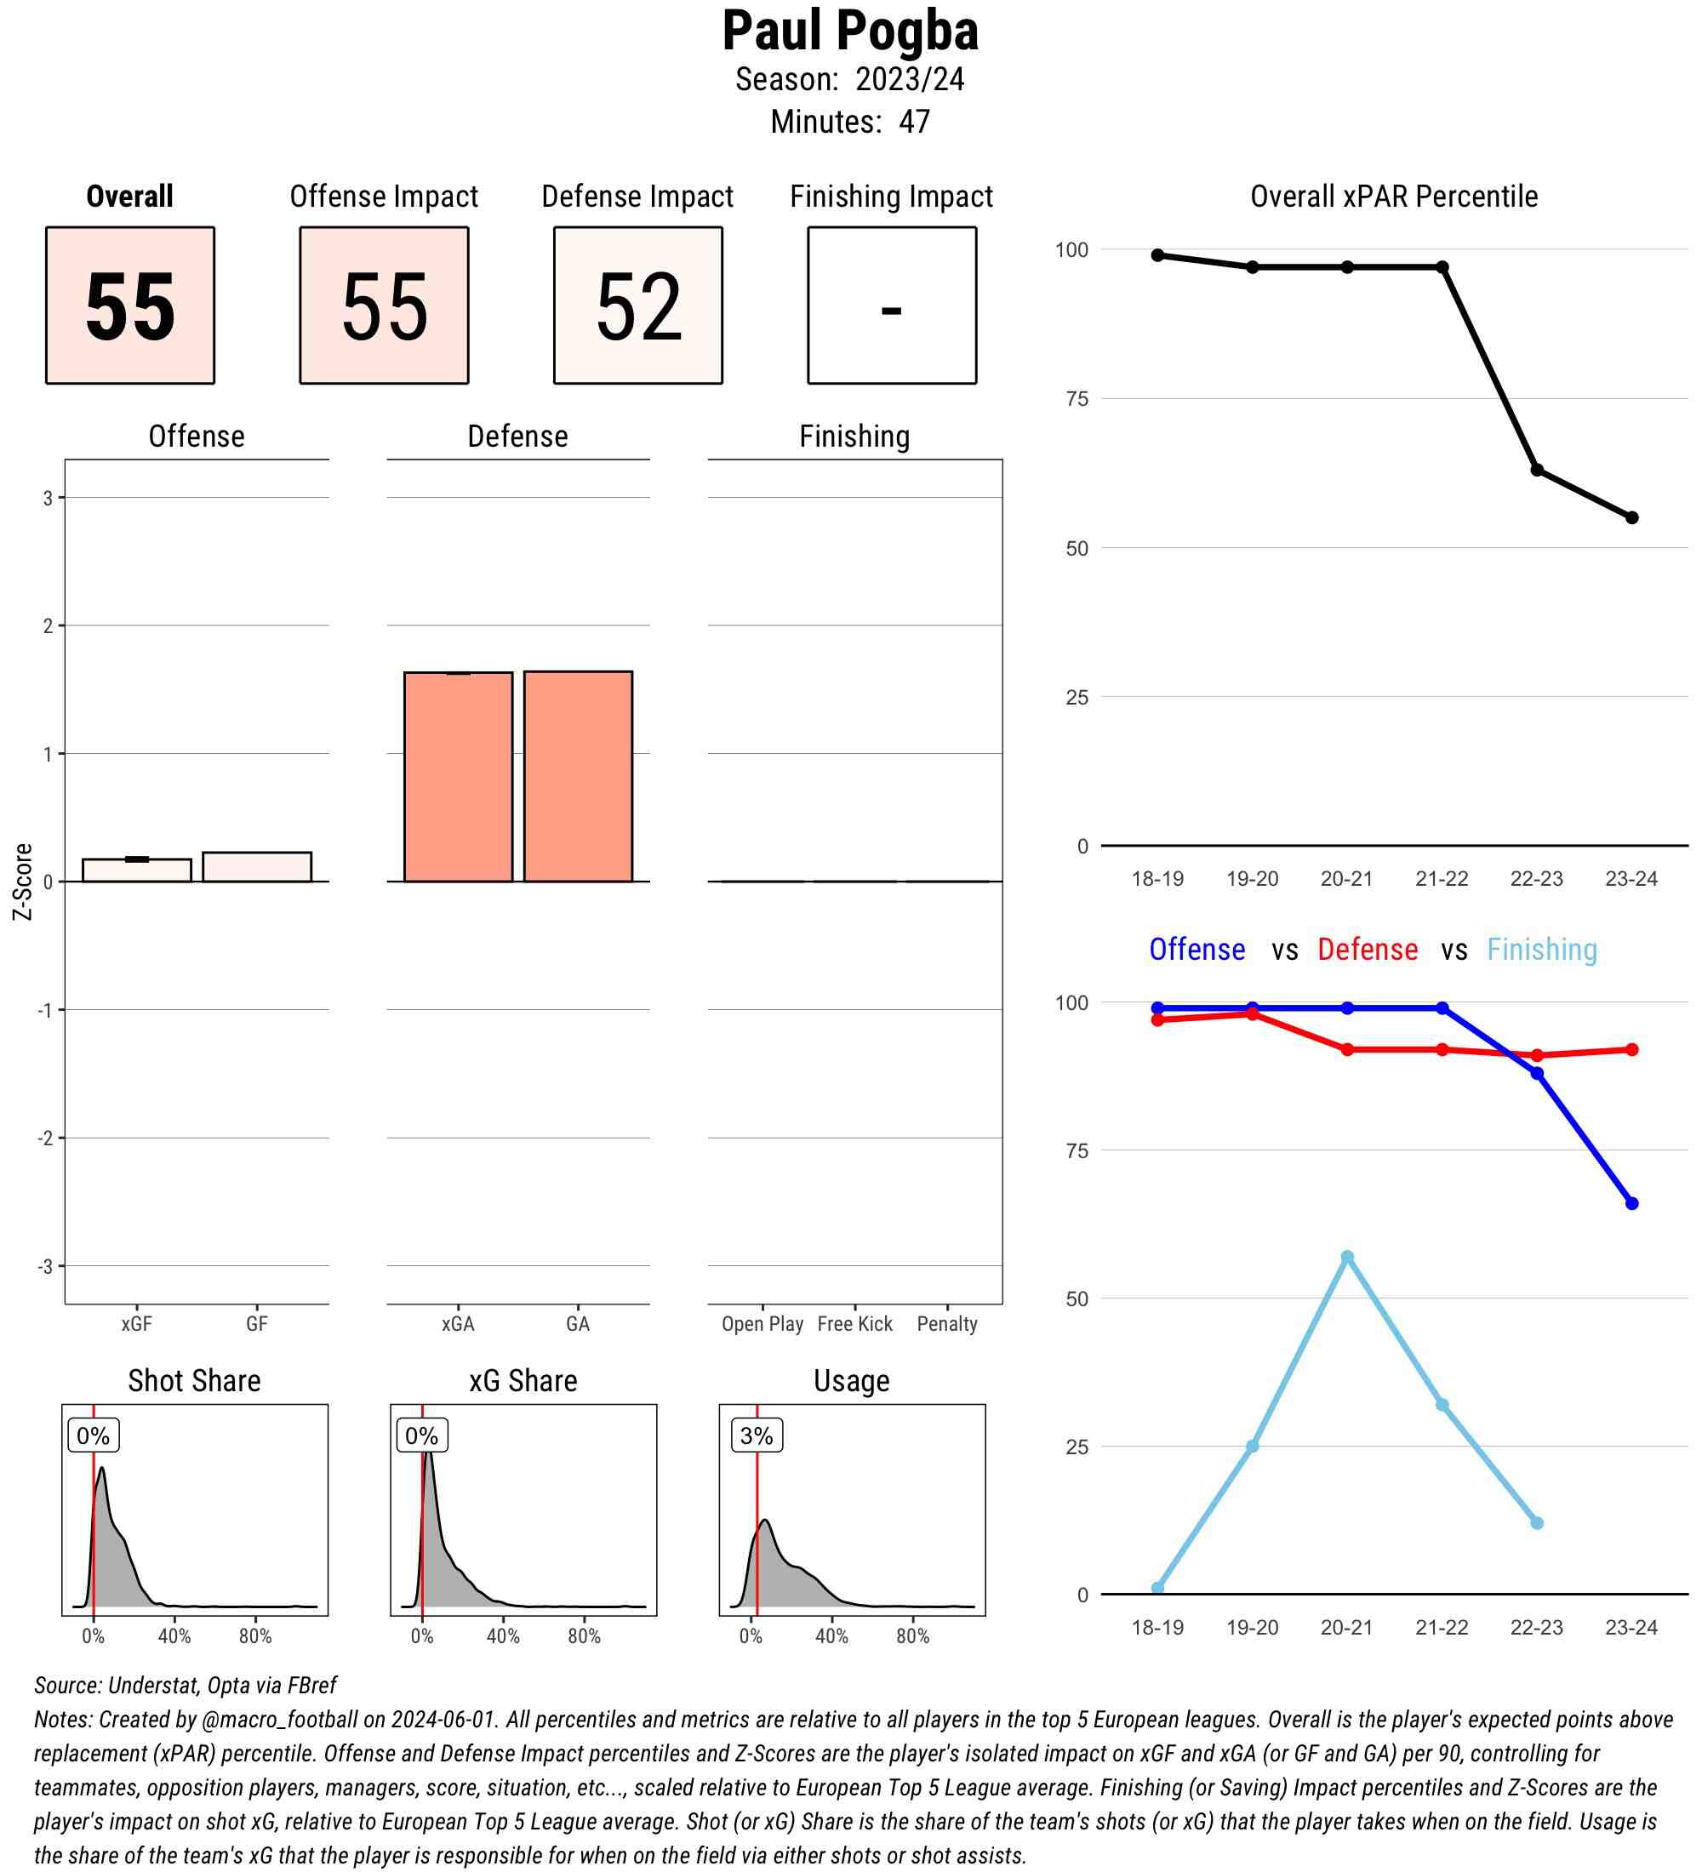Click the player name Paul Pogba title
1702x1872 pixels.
pos(849,31)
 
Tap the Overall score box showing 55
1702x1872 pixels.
pos(130,305)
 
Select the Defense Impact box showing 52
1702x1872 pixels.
pos(638,305)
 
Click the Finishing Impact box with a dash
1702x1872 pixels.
pos(891,305)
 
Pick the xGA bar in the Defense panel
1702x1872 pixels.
pos(458,776)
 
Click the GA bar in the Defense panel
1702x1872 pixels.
pos(578,776)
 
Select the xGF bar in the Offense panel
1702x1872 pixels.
pos(136,870)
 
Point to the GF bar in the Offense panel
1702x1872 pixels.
pos(256,866)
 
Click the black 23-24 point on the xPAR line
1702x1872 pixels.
pos(1631,517)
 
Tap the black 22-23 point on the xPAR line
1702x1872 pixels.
pos(1537,470)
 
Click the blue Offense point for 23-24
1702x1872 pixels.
pos(1631,1203)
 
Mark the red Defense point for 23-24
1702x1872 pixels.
pos(1631,1049)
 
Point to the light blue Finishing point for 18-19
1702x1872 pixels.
pos(1158,1588)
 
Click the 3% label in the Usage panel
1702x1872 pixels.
pos(756,1435)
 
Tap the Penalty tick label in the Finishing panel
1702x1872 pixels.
pos(946,1324)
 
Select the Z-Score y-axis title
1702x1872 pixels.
pos(22,882)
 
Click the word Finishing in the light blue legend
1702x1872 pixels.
pos(1541,949)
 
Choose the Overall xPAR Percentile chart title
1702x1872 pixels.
pos(1394,196)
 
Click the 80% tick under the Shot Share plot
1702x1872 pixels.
pos(255,1636)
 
